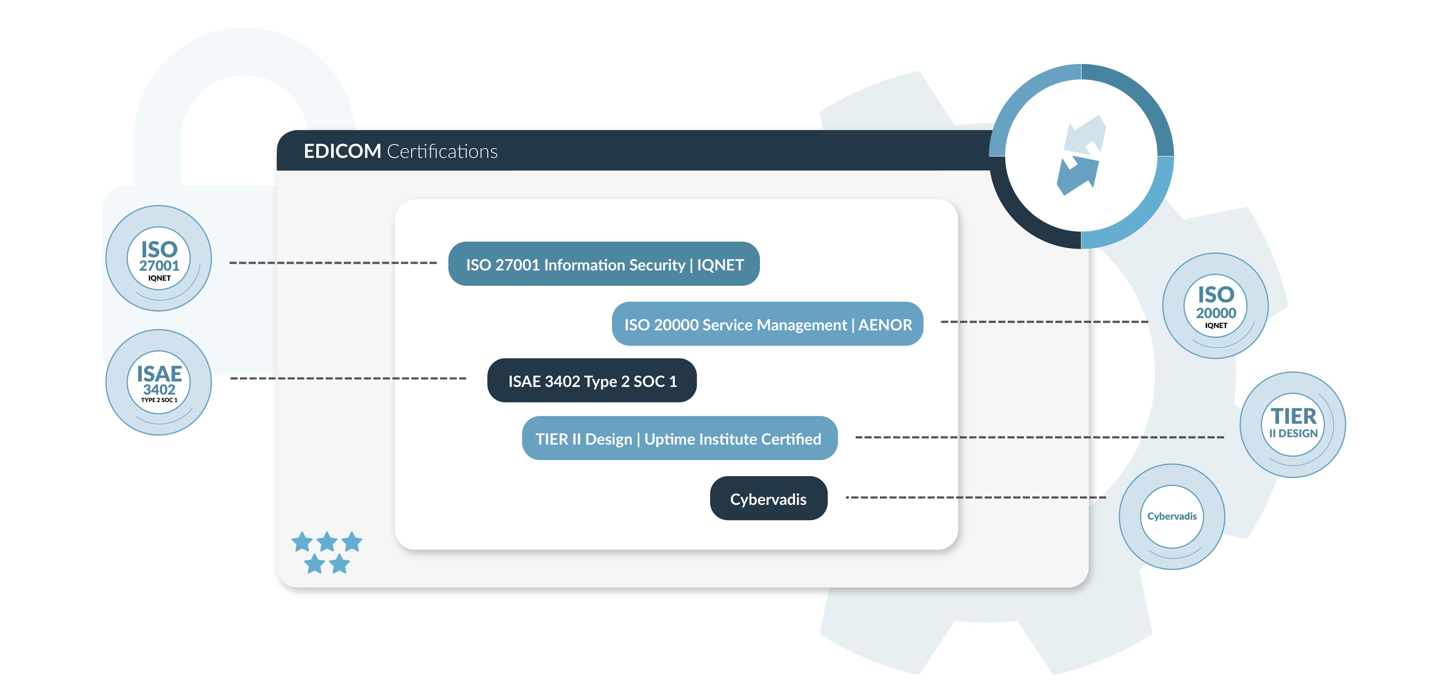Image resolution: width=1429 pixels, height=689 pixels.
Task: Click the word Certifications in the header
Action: (442, 151)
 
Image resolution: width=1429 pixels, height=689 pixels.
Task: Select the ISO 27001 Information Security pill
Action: (604, 264)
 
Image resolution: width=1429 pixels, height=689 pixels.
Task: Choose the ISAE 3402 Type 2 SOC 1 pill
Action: (592, 381)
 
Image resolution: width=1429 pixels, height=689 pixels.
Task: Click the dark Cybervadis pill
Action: (768, 499)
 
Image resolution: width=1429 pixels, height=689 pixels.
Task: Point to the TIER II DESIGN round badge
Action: (1293, 425)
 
